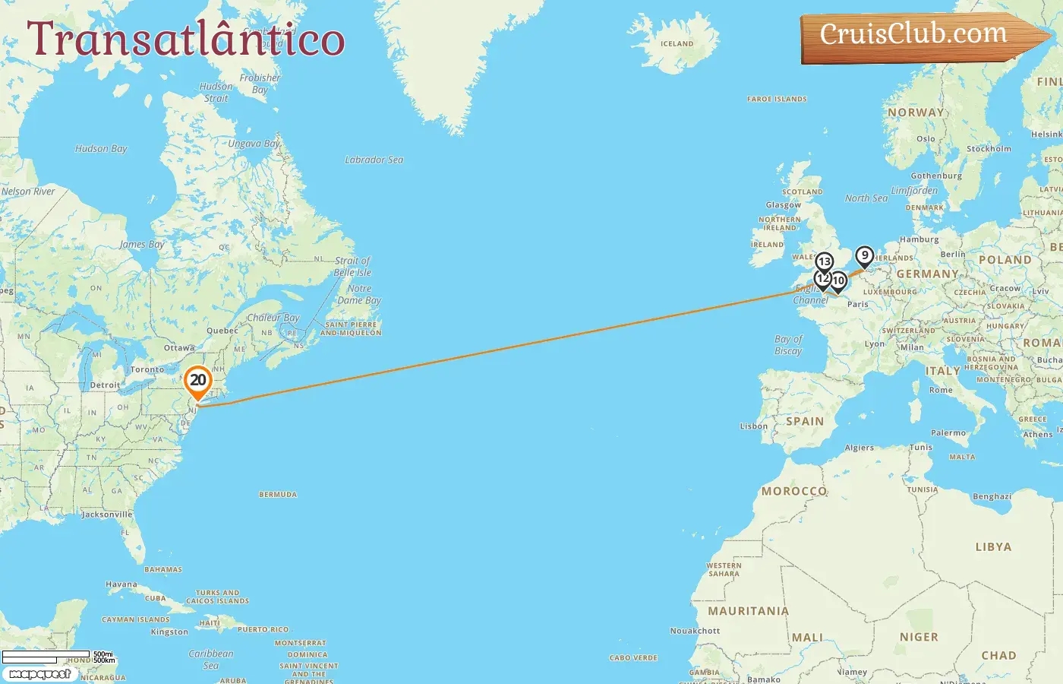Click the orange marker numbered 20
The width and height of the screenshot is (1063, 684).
(198, 381)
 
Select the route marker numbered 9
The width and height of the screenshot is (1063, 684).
(864, 256)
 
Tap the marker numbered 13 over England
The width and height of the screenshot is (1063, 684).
(824, 263)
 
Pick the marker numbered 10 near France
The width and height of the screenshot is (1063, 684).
(838, 281)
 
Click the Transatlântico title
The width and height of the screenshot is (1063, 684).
(186, 40)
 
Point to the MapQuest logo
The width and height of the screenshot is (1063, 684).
(39, 674)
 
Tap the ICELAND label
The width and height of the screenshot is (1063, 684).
(677, 44)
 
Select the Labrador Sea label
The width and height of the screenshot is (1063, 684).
(374, 160)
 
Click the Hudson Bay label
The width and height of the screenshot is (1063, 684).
(101, 149)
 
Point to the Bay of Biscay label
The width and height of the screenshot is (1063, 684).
(788, 345)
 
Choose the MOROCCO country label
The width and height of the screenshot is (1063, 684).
(793, 491)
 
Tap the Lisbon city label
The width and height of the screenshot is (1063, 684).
(754, 426)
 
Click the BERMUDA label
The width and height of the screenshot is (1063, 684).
(278, 495)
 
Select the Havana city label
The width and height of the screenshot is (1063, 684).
(121, 585)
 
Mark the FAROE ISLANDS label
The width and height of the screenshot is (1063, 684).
(777, 100)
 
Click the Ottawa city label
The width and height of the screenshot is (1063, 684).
(179, 348)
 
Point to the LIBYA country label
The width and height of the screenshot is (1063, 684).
(993, 547)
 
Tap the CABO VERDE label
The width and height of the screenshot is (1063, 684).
(633, 658)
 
